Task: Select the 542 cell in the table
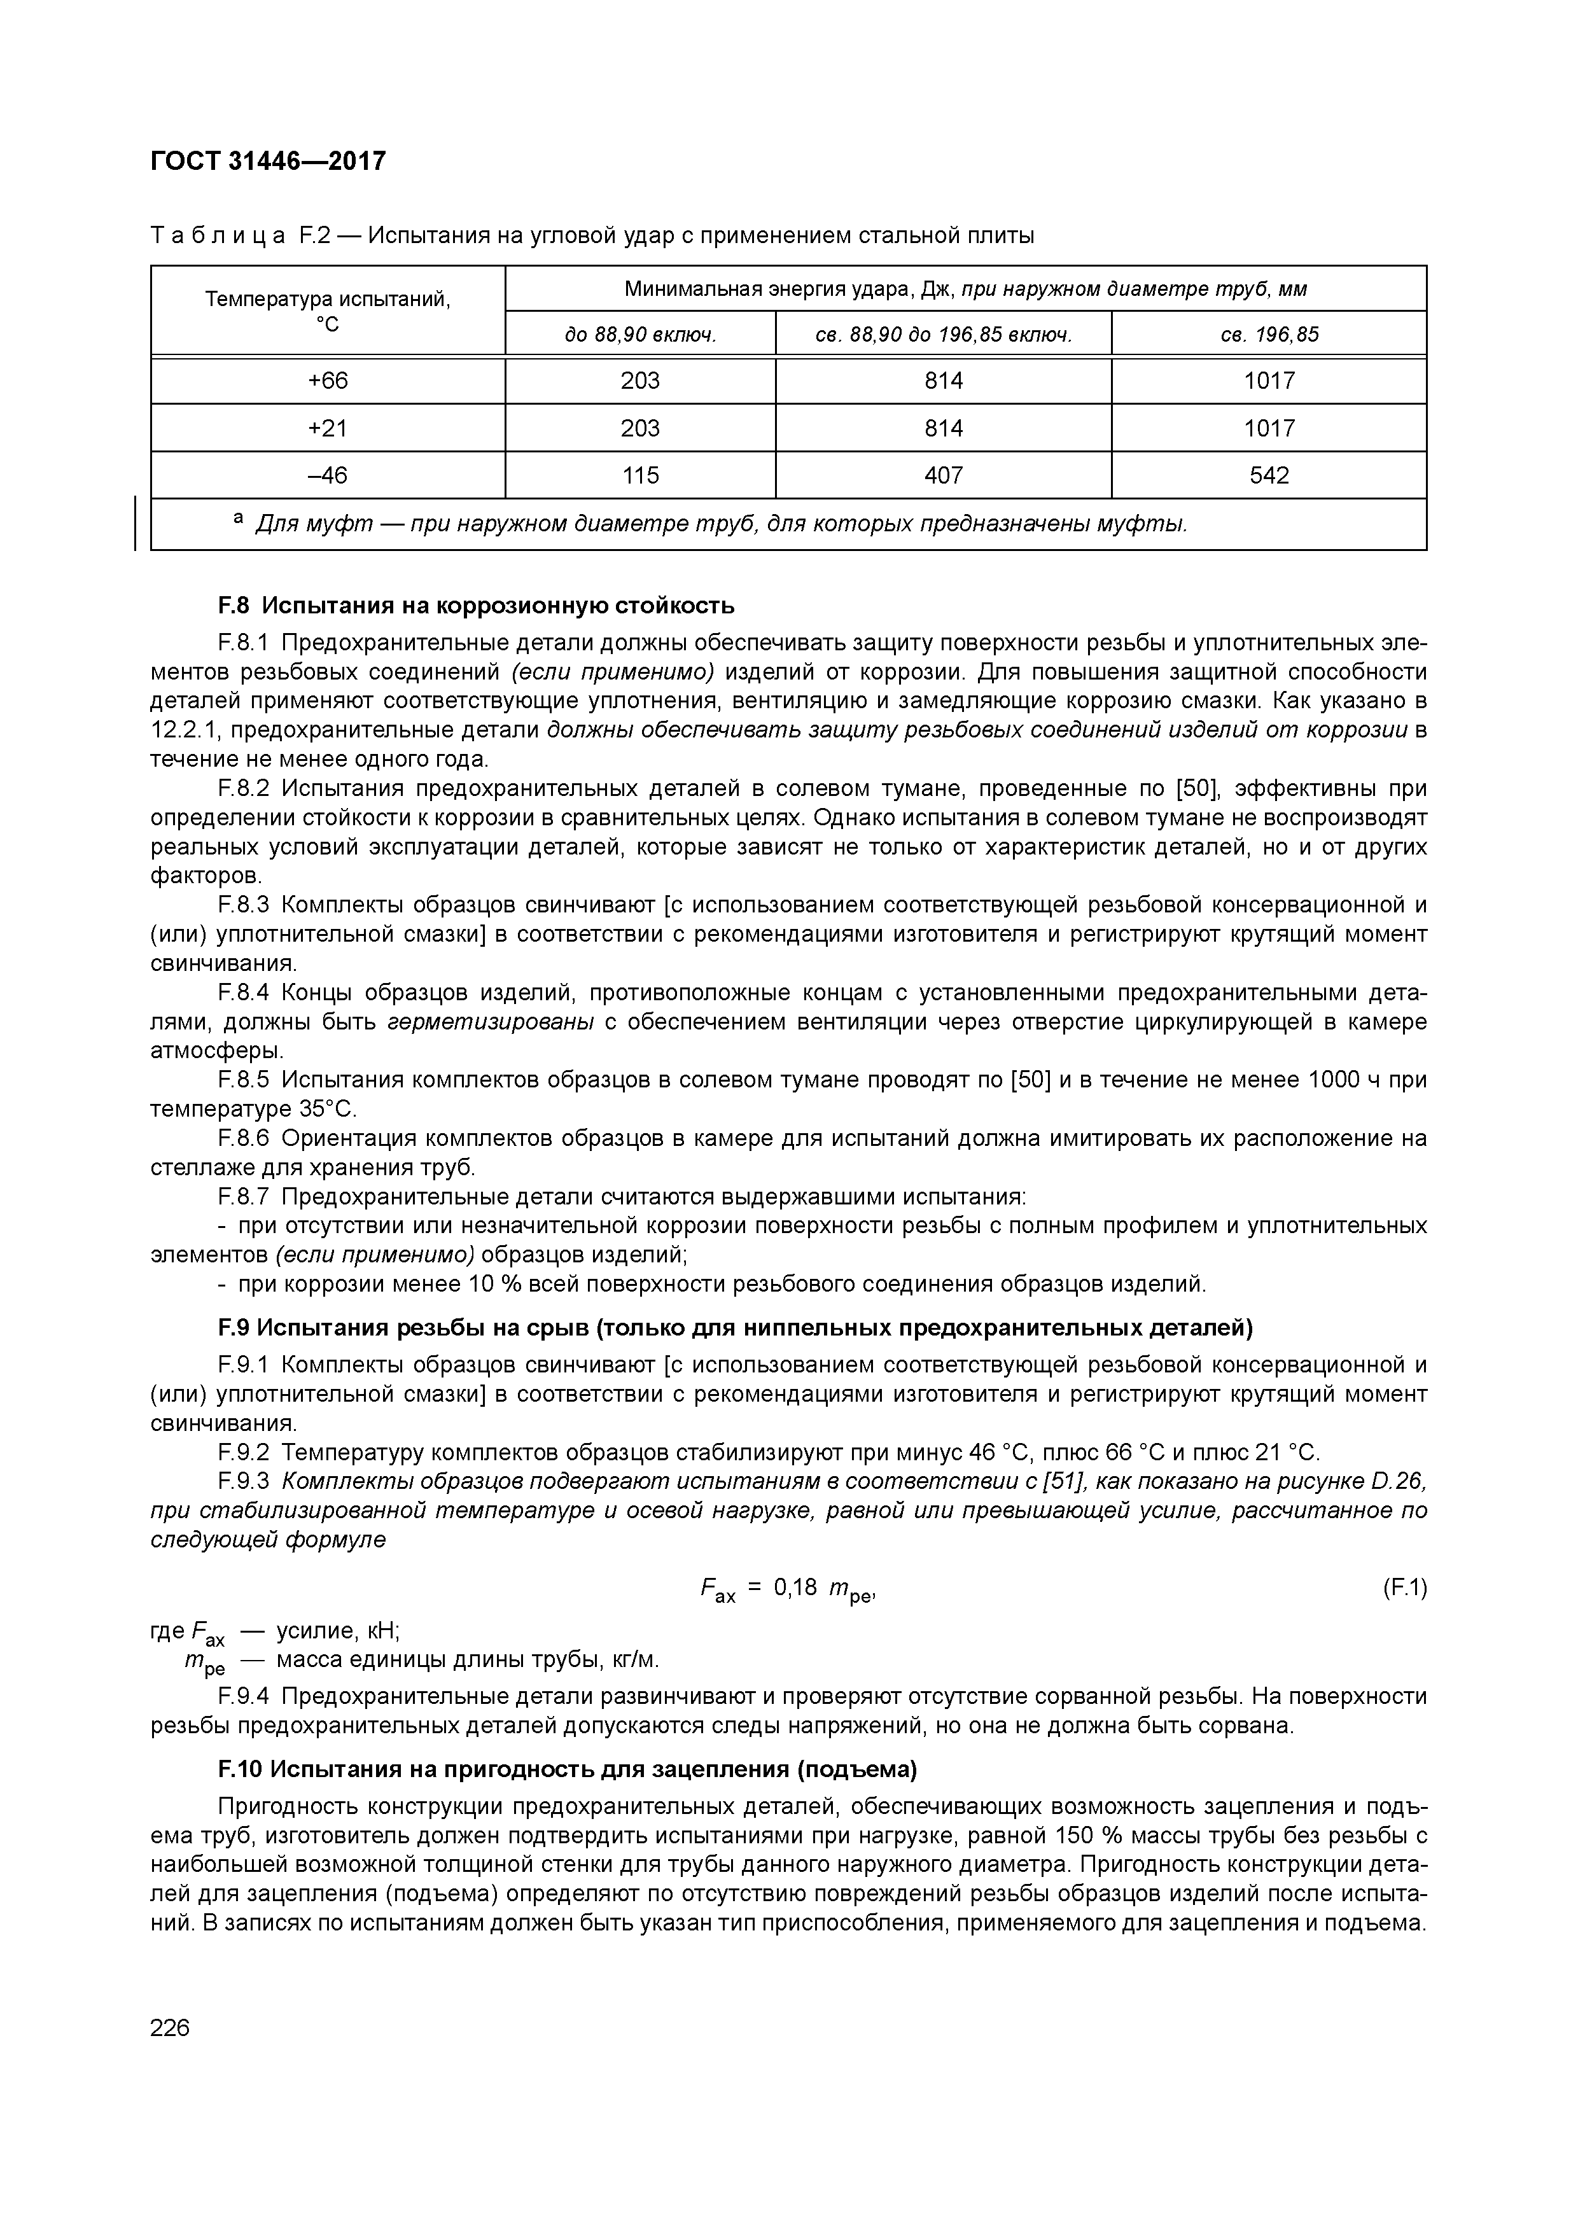click(1269, 475)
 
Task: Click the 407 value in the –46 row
click(943, 475)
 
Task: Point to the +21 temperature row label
click(328, 428)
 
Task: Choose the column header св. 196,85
click(1269, 335)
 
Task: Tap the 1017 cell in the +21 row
click(1269, 428)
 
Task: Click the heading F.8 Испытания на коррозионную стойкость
click(477, 606)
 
